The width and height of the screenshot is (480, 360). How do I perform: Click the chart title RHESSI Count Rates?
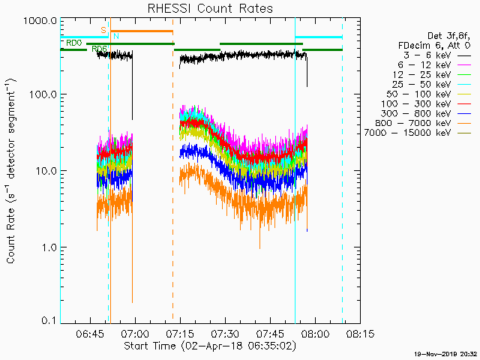(209, 9)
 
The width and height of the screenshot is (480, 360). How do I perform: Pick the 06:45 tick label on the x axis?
(90, 333)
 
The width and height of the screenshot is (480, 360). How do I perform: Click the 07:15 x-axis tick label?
(179, 333)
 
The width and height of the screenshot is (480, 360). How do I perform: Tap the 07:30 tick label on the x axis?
(224, 333)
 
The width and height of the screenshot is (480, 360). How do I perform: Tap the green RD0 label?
(73, 43)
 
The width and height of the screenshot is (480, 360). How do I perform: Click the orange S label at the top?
(103, 30)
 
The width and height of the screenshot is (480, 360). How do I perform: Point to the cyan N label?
(115, 36)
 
